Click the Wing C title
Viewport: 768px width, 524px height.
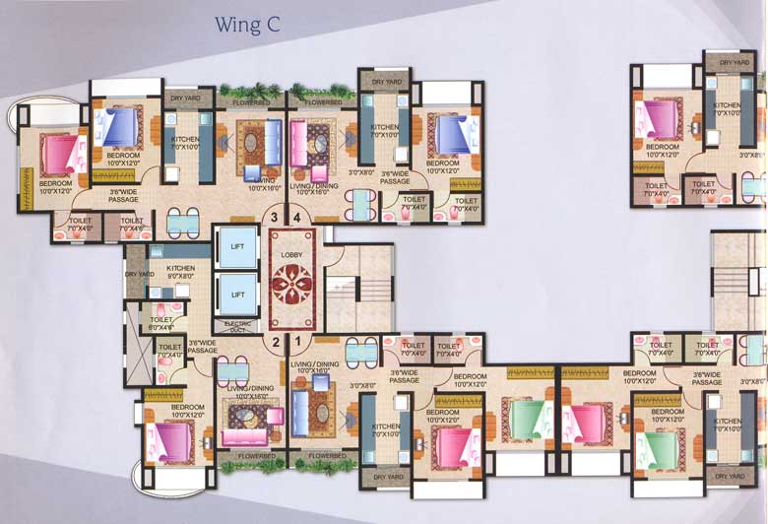pos(248,25)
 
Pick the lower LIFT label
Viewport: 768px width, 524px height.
pos(237,295)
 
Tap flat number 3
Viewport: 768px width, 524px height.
pos(276,218)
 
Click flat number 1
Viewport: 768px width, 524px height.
pos(297,343)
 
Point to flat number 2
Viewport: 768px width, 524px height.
pos(276,343)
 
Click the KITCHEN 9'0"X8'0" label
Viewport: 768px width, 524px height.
pos(180,271)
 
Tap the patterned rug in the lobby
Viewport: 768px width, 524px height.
pos(293,281)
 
